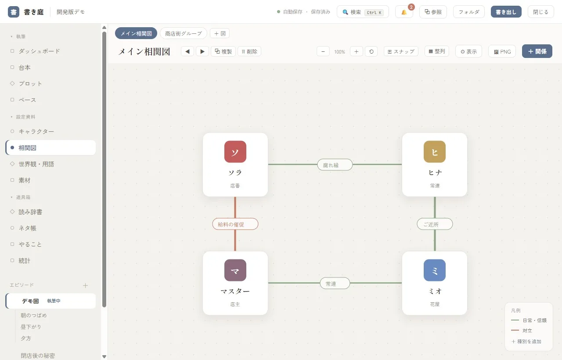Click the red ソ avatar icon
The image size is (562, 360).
(235, 151)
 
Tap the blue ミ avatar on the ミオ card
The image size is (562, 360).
(435, 270)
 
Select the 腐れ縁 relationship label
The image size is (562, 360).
(335, 165)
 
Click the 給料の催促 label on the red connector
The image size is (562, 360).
(235, 224)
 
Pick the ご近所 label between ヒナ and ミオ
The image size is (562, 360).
(435, 224)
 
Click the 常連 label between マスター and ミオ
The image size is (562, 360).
(335, 283)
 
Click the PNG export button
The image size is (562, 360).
(502, 51)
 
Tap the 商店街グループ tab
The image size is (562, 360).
(184, 33)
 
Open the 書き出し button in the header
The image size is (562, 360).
(506, 12)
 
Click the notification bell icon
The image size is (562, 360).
(404, 12)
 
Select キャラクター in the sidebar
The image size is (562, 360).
(36, 131)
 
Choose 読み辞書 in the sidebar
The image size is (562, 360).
(30, 212)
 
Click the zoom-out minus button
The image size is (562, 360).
(323, 51)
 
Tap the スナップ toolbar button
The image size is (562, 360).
(401, 51)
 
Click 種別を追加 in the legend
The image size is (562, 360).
(526, 342)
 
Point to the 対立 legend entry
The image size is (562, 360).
(522, 331)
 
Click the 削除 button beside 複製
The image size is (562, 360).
(249, 51)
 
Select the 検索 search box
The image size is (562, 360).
(363, 12)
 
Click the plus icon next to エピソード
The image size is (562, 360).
(85, 285)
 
